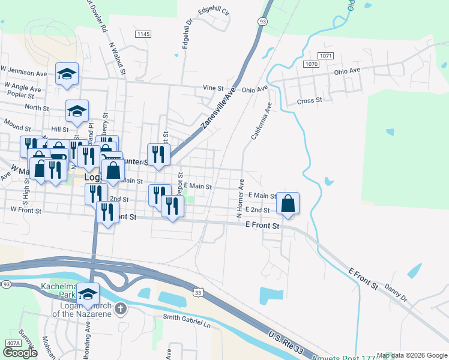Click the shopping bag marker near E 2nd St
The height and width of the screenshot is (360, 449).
click(288, 203)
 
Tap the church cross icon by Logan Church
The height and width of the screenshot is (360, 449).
click(121, 309)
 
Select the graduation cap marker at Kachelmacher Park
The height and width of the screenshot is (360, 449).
click(88, 295)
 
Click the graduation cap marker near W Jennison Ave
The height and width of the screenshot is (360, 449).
click(67, 74)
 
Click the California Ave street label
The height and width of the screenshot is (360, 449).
click(262, 121)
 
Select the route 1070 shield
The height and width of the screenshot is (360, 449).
click(311, 64)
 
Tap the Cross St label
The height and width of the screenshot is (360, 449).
click(310, 101)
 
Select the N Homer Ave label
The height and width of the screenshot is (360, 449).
click(240, 197)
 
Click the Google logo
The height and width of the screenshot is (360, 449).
click(20, 353)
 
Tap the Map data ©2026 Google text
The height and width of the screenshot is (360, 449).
click(411, 356)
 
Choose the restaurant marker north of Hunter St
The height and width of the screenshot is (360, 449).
click(158, 155)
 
